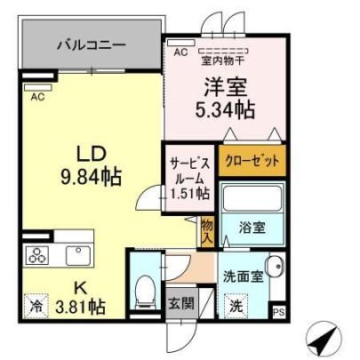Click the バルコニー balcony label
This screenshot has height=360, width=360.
click(x=92, y=45)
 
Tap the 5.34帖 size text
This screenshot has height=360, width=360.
click(x=225, y=110)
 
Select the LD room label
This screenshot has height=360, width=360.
click(x=92, y=154)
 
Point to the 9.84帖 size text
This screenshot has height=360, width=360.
click(x=92, y=177)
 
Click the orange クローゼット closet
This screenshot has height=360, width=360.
click(x=252, y=160)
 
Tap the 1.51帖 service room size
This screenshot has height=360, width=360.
click(x=189, y=194)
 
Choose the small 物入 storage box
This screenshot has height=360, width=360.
click(x=207, y=231)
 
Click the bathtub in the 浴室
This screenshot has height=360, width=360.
click(x=252, y=198)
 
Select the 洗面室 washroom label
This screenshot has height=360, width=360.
click(x=244, y=276)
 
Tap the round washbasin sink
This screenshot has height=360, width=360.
click(x=275, y=266)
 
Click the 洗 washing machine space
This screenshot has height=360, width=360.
click(x=236, y=306)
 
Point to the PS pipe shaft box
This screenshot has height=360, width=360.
click(x=279, y=312)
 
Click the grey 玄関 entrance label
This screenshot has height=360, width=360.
click(x=181, y=303)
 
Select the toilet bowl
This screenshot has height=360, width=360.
click(x=145, y=291)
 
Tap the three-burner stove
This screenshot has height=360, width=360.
click(x=37, y=255)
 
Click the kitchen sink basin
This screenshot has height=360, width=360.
click(x=78, y=255)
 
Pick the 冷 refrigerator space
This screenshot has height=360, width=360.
click(x=36, y=306)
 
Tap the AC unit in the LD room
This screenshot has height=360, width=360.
click(x=38, y=87)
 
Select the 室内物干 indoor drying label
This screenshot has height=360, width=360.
click(x=223, y=60)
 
